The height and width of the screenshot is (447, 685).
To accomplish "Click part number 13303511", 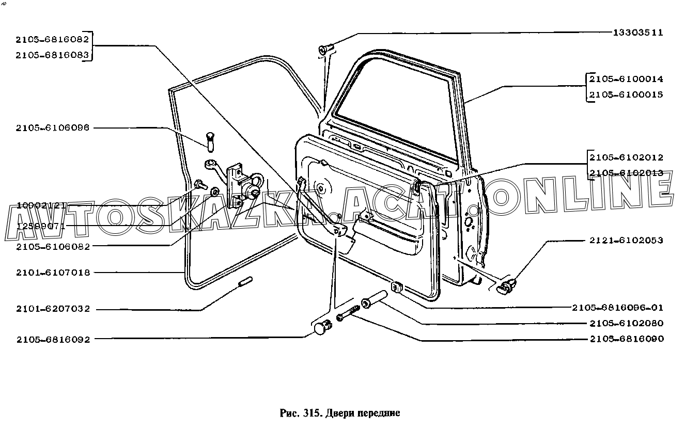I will pyautogui.click(x=637, y=33).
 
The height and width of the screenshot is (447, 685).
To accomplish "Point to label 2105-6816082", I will pyautogui.click(x=53, y=39).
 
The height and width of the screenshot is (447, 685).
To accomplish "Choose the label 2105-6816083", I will pyautogui.click(x=53, y=55).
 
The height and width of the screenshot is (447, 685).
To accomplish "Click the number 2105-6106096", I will pyautogui.click(x=53, y=128).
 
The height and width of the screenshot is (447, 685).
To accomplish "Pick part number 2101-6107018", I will pyautogui.click(x=53, y=273).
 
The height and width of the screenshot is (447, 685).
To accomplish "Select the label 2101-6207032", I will pyautogui.click(x=53, y=309).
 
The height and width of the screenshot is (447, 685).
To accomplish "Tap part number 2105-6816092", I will pyautogui.click(x=53, y=340).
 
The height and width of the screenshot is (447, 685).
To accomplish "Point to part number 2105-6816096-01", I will pyautogui.click(x=617, y=308).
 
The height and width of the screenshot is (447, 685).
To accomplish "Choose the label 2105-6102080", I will pyautogui.click(x=626, y=324).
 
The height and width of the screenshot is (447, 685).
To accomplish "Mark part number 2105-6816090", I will pyautogui.click(x=626, y=339).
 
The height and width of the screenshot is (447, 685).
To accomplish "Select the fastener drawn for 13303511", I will pyautogui.click(x=325, y=50).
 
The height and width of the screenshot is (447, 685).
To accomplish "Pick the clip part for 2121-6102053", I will pyautogui.click(x=505, y=286).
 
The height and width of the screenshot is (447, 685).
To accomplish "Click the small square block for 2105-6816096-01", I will pyautogui.click(x=397, y=286).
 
